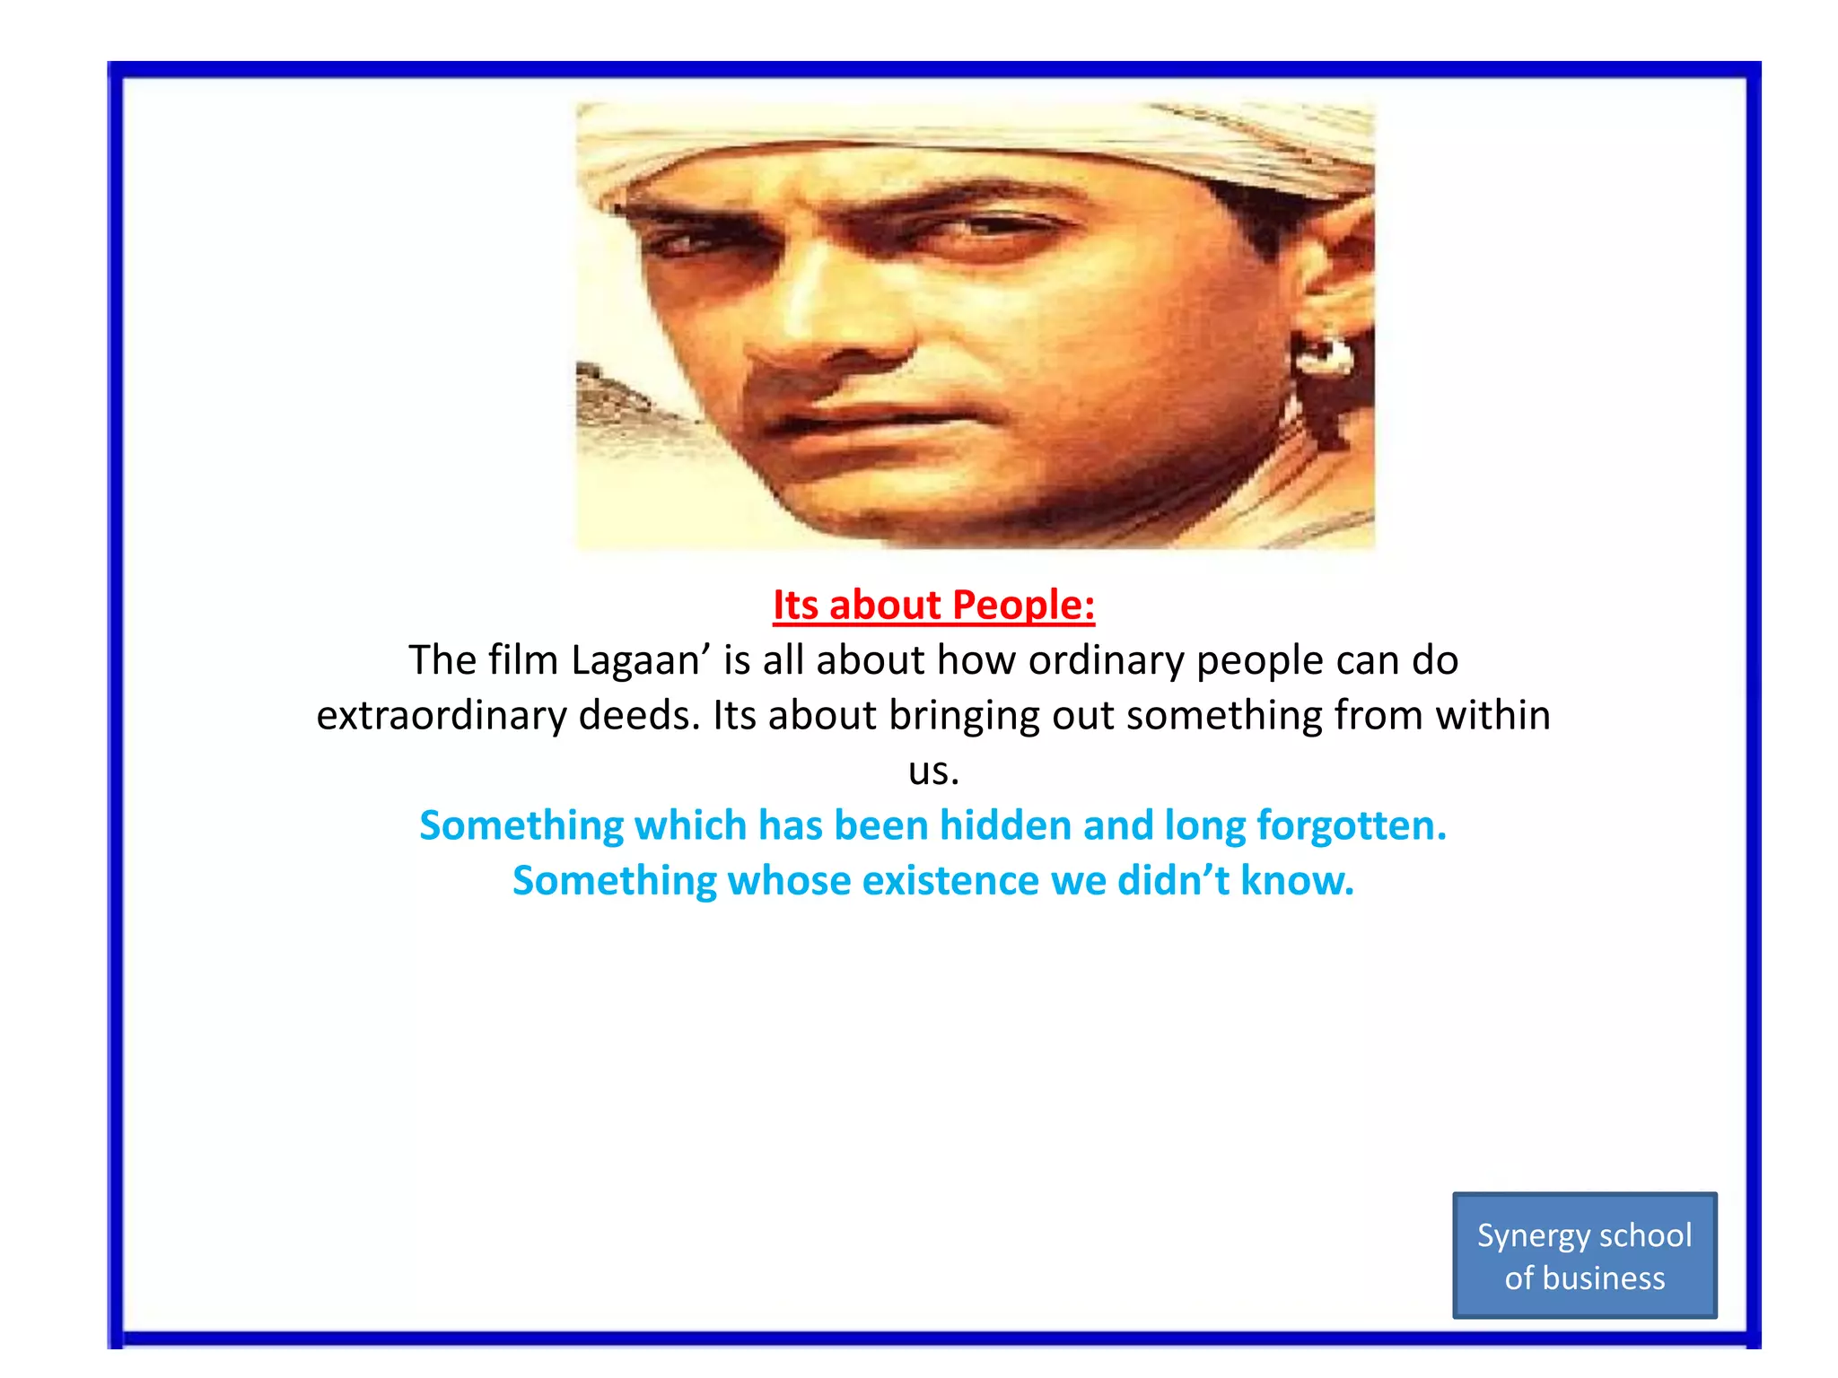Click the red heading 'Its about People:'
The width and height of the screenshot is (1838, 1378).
[x=933, y=606]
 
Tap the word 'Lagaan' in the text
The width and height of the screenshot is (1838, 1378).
[x=635, y=661]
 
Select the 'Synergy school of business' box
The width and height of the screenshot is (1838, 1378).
[x=1584, y=1255]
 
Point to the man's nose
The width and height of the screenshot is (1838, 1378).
[x=830, y=332]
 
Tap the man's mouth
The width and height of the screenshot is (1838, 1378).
[x=862, y=422]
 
